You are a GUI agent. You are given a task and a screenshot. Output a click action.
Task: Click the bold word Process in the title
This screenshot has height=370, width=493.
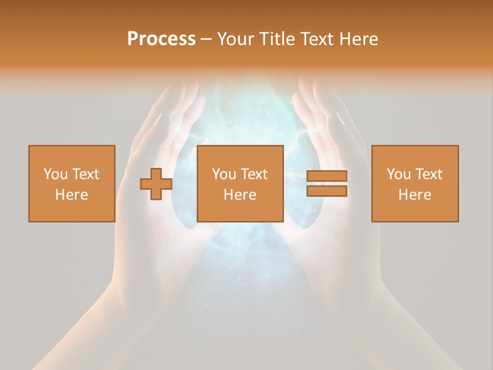[x=161, y=39]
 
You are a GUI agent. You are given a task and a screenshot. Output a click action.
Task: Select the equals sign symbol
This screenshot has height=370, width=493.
[x=327, y=183]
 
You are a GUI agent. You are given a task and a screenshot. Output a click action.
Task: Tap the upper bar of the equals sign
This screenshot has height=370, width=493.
[x=327, y=176]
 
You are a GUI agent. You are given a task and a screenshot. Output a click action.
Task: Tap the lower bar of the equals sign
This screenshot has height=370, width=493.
[x=327, y=191]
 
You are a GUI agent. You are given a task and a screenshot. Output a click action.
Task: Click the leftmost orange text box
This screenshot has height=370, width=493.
[x=72, y=183]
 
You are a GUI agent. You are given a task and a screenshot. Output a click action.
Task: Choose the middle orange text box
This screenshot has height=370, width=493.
[x=240, y=183]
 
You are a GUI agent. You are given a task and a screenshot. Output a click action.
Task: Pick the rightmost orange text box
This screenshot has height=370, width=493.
[x=414, y=183]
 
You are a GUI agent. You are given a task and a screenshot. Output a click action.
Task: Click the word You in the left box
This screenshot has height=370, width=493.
[x=55, y=174]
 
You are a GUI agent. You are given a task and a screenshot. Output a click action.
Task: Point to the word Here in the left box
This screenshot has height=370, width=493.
[x=72, y=195]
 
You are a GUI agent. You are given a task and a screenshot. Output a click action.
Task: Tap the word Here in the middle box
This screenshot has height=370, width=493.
[x=240, y=195]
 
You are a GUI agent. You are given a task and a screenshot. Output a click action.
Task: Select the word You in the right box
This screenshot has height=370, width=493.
[x=399, y=174]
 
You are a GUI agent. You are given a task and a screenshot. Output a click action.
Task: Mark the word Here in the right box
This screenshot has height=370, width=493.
[x=414, y=195]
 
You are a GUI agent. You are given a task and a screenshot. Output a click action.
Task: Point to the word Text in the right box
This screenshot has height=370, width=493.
[x=429, y=174]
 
